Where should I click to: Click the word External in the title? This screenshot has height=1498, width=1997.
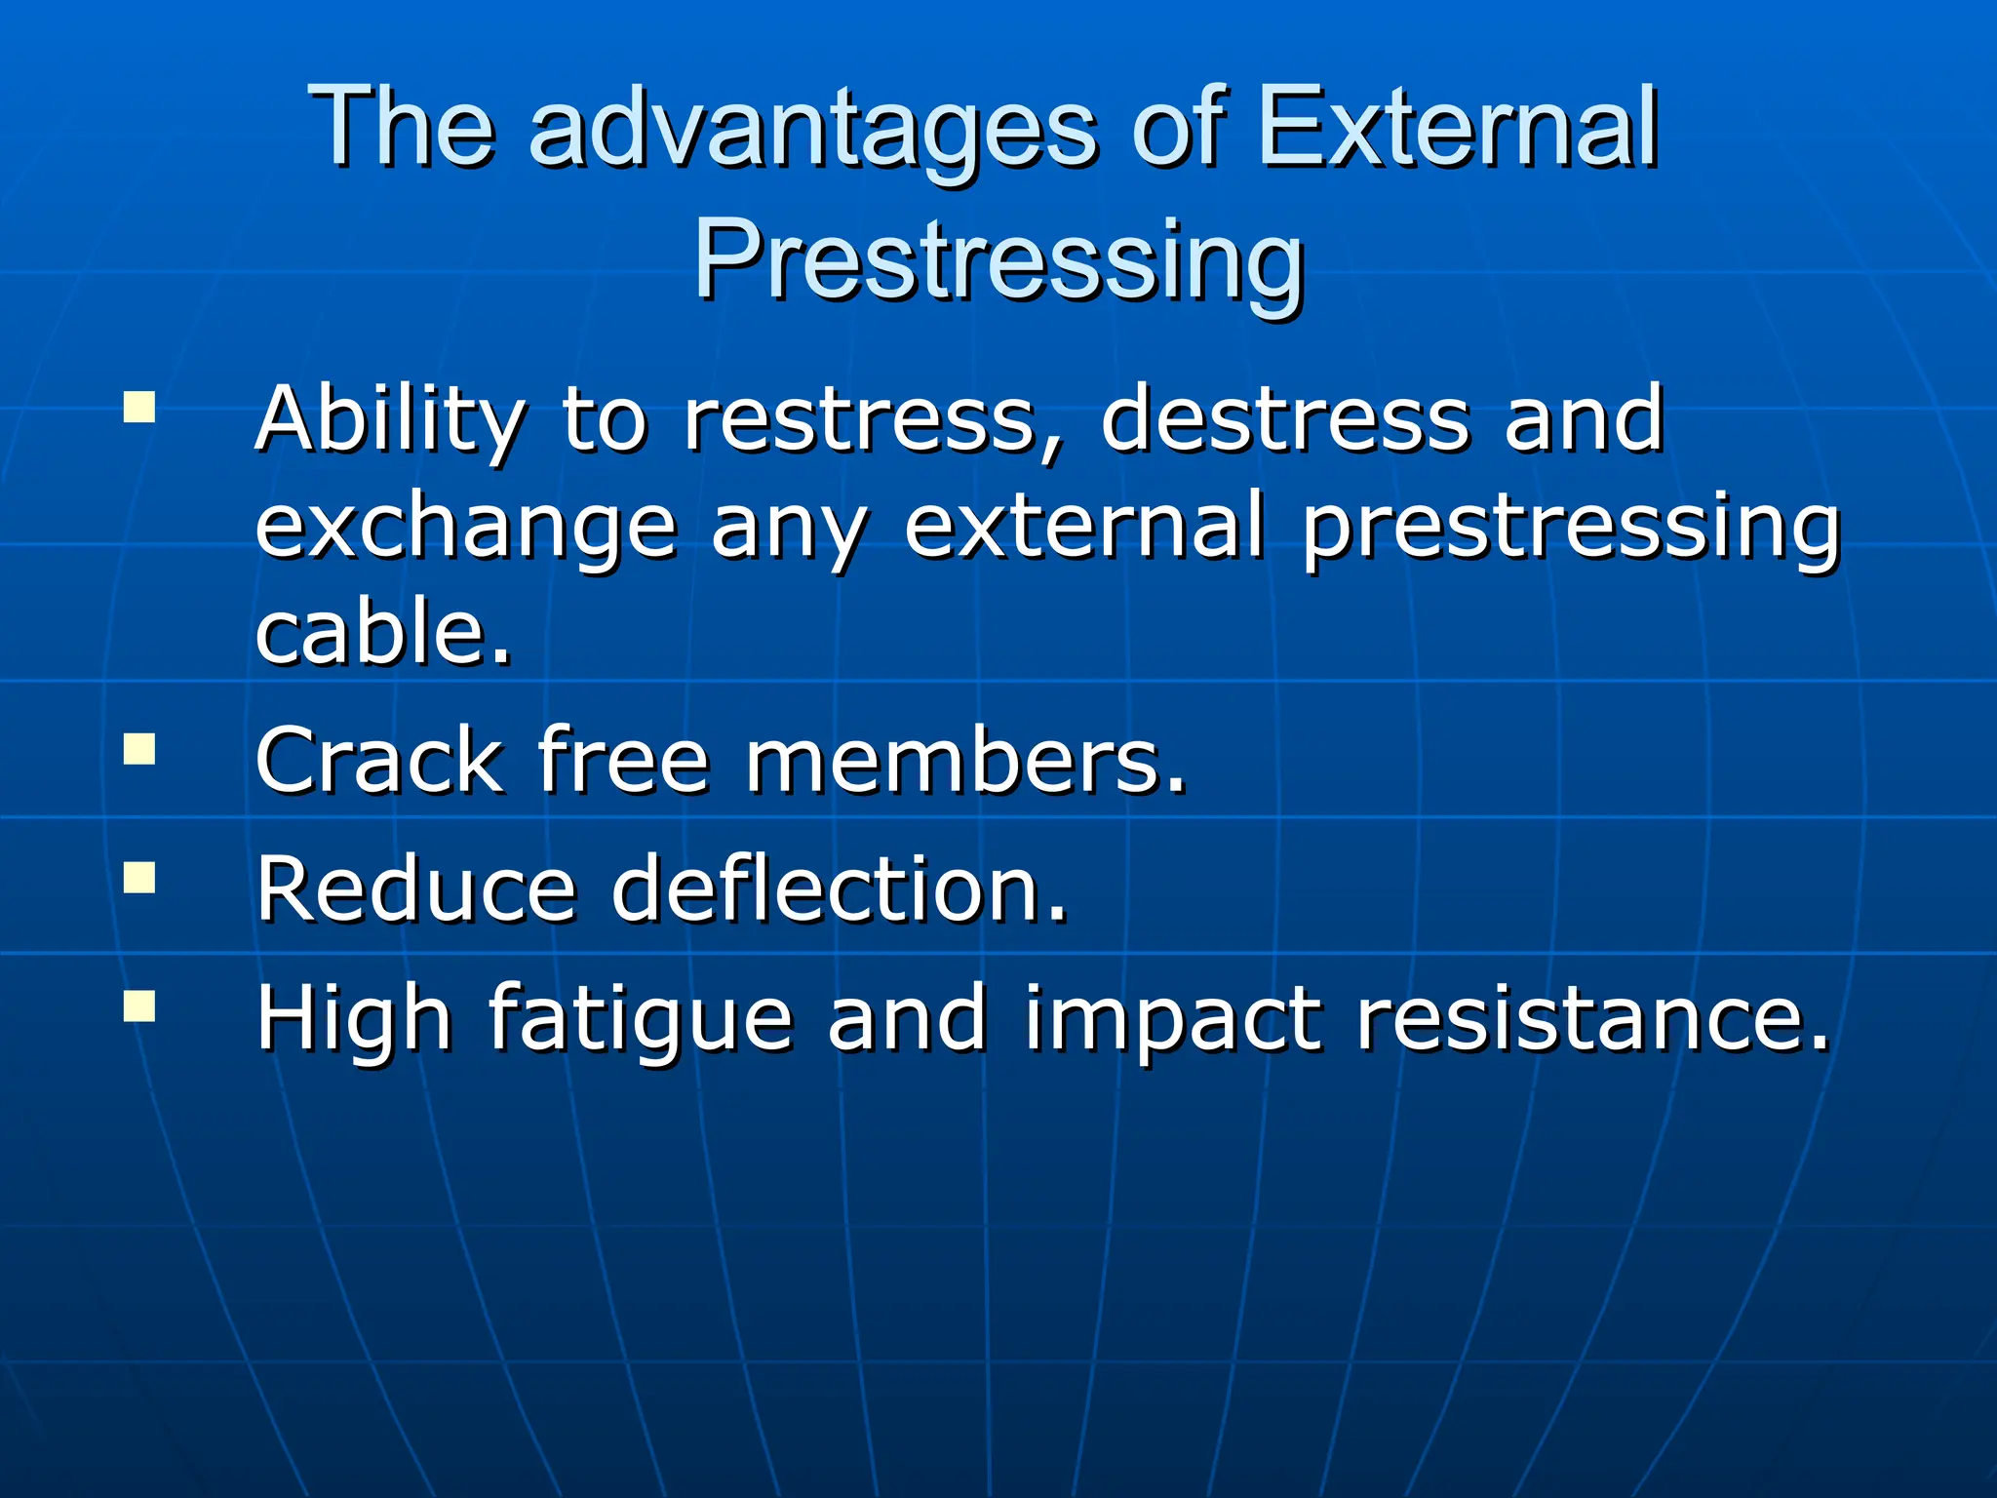[x=1457, y=127]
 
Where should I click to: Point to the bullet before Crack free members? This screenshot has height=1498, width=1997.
[x=139, y=749]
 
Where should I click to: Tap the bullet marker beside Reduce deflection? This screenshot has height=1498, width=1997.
[x=139, y=877]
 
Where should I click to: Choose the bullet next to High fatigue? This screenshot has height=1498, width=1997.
[x=139, y=1005]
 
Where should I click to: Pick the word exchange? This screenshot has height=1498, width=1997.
[x=466, y=528]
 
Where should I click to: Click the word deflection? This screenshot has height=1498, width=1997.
[x=839, y=888]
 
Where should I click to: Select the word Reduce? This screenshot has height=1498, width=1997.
[x=416, y=888]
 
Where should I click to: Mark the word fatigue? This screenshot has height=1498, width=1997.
[x=640, y=1019]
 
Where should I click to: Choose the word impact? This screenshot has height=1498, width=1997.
[x=1173, y=1019]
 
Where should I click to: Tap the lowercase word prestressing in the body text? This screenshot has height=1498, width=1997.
[x=1570, y=528]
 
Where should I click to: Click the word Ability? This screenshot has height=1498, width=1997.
[x=390, y=421]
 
